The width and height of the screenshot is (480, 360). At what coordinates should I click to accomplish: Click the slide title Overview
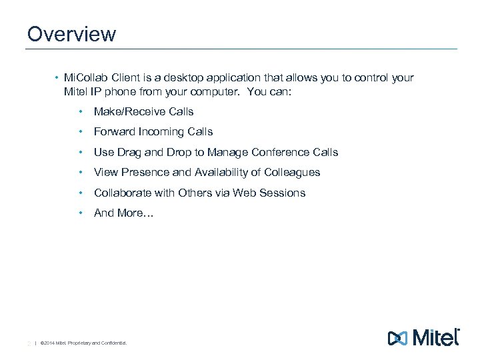coord(71,33)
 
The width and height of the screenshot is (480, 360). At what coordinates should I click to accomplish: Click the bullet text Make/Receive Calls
coord(143,112)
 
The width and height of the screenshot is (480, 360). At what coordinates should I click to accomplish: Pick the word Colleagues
coord(292,173)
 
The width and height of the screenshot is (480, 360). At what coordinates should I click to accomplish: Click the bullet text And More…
coord(123,213)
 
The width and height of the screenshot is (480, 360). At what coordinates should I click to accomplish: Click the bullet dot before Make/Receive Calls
coord(80,112)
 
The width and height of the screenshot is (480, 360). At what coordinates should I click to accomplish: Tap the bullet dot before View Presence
coord(80,173)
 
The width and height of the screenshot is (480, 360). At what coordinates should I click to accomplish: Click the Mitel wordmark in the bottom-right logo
coord(436,337)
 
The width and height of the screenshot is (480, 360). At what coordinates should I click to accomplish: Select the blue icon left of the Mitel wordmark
coord(397,338)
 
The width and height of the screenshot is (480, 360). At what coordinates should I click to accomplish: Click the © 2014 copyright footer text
coord(83,344)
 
